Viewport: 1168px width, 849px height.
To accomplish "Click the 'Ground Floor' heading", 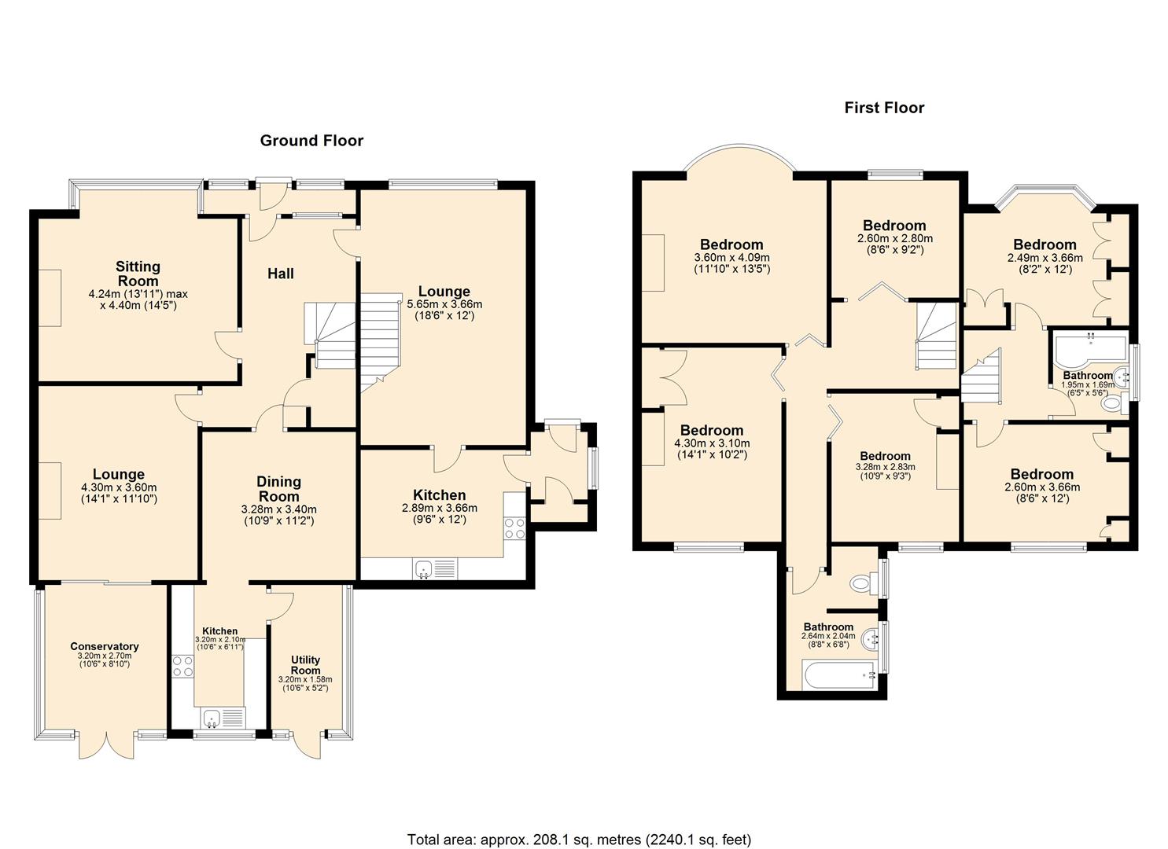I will (x=311, y=141).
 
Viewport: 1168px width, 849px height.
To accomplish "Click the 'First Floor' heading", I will (x=884, y=108).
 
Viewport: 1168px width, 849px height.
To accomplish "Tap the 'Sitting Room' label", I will (x=138, y=274).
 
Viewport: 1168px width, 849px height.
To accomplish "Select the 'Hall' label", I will (x=281, y=274).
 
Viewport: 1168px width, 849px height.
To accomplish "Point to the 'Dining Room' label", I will (x=279, y=489).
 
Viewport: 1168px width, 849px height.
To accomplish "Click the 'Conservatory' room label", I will (x=105, y=647).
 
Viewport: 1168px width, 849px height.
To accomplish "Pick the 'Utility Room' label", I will (x=305, y=665).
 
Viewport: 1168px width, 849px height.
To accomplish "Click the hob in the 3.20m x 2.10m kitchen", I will (x=183, y=666).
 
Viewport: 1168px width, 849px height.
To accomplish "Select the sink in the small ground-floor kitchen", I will (x=211, y=717).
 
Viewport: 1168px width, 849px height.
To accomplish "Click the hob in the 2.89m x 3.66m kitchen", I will (x=515, y=527).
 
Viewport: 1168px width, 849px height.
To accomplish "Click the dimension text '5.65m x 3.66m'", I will (x=444, y=304).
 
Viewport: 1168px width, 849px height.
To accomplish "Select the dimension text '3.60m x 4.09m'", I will (x=731, y=257).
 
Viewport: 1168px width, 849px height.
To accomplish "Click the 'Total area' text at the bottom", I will (x=579, y=840).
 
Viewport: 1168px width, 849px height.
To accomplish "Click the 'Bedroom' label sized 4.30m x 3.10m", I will (x=711, y=430).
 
